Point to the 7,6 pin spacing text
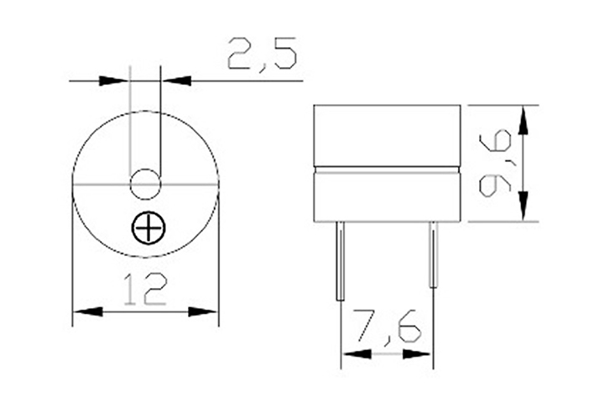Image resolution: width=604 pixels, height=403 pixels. click(x=387, y=327)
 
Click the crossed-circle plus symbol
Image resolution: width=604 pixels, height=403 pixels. click(x=148, y=228)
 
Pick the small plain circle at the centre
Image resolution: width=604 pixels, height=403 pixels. click(x=144, y=183)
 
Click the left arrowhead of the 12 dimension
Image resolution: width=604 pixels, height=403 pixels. click(x=86, y=311)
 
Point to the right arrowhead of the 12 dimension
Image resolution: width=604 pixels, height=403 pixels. click(x=204, y=311)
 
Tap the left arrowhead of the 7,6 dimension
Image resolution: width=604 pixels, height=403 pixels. click(x=356, y=354)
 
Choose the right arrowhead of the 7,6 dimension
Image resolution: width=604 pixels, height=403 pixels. click(x=419, y=354)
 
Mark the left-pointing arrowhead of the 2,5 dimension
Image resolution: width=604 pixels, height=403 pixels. click(x=174, y=81)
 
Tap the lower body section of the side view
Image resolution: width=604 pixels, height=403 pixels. click(x=387, y=196)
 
